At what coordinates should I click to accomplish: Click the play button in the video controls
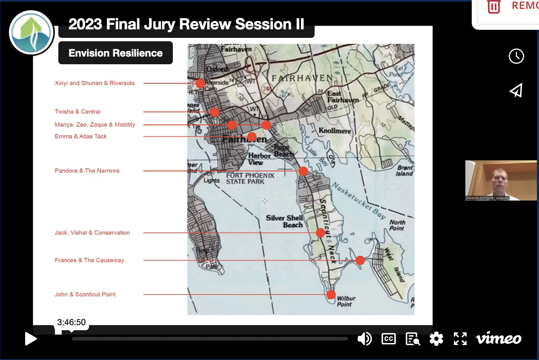[x=31, y=339]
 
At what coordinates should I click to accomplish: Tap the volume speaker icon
[x=364, y=339]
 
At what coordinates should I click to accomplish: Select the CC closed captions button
[x=388, y=339]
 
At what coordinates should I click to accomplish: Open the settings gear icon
[x=436, y=339]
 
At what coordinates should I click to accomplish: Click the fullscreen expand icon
[x=460, y=339]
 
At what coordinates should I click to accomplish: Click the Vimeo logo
[x=498, y=339]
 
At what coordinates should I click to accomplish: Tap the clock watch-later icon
[x=516, y=56]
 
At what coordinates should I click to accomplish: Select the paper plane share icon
[x=516, y=91]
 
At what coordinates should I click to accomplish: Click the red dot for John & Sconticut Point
[x=331, y=294]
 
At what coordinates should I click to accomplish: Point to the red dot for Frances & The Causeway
[x=360, y=260]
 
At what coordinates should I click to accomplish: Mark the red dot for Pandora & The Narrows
[x=303, y=171]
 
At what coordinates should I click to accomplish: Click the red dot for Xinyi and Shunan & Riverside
[x=200, y=83]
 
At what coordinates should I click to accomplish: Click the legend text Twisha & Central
[x=77, y=111]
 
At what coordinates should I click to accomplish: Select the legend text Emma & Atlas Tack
[x=81, y=137]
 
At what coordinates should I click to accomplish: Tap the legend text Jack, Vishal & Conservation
[x=92, y=233]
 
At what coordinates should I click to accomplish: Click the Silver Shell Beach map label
[x=285, y=221]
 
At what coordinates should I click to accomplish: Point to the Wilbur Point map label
[x=346, y=301]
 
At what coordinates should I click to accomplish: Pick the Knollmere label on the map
[x=335, y=131]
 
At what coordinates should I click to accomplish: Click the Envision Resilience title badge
[x=115, y=53]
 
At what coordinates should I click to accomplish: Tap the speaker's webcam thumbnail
[x=501, y=180]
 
